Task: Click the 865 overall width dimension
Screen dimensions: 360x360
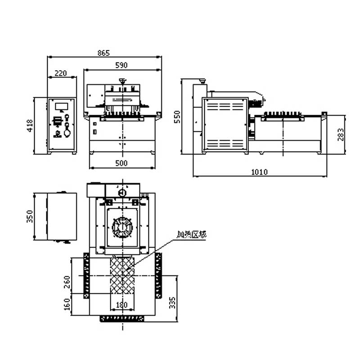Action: pyautogui.click(x=103, y=53)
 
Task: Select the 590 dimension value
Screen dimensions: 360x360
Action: pyautogui.click(x=121, y=65)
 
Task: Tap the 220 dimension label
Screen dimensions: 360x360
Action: pyautogui.click(x=61, y=73)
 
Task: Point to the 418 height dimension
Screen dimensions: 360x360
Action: pyautogui.click(x=30, y=126)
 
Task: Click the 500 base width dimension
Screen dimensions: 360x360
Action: pyautogui.click(x=121, y=163)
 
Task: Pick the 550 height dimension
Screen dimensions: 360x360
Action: pyautogui.click(x=177, y=117)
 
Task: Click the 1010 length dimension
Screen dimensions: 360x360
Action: pyautogui.click(x=259, y=171)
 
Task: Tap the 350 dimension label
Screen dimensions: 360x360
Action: pyautogui.click(x=29, y=216)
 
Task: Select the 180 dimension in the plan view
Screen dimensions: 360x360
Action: pyautogui.click(x=122, y=305)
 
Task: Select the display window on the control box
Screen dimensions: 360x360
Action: pyautogui.click(x=61, y=106)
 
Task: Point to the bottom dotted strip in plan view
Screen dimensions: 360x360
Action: pyautogui.click(x=122, y=319)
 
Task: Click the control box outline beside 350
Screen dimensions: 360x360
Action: pyautogui.click(x=62, y=216)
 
